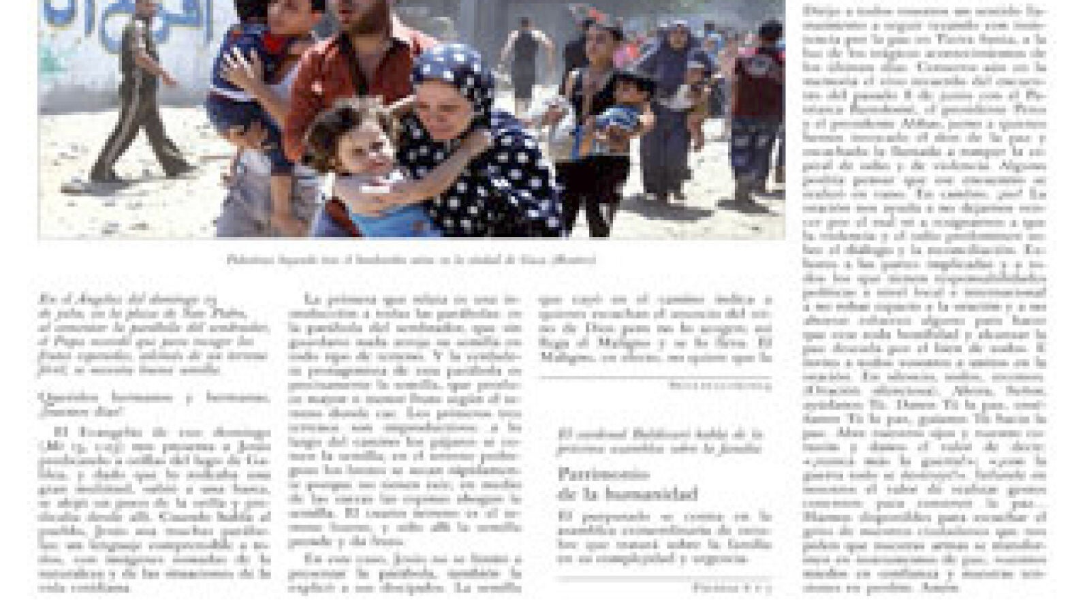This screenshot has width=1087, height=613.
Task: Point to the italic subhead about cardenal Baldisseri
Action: [x=660, y=441]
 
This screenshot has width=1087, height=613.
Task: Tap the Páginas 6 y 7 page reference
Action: [x=732, y=586]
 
